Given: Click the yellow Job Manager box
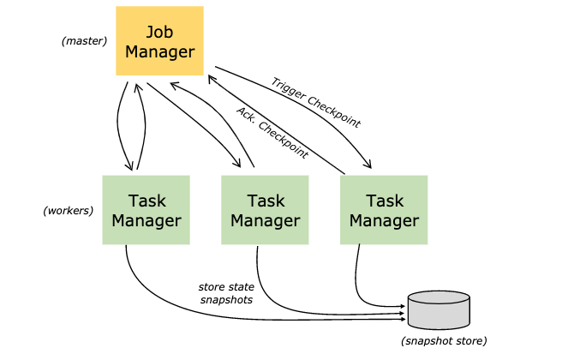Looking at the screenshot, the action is pos(159,41).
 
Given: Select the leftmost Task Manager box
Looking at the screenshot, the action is pos(146,210).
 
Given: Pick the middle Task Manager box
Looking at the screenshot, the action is pos(265,210).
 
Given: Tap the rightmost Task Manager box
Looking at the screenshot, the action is pos(384,210).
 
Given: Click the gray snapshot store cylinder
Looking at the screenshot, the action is pos(439,310).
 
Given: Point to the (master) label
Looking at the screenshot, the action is pos(84,41).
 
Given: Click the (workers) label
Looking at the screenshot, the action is pos(68,211).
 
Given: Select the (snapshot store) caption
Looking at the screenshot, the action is pos(444,341).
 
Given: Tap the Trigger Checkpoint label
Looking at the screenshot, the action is pos(316,103).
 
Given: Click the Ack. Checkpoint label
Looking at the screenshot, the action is pos(272,132).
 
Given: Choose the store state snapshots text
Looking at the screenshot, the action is pos(226,293).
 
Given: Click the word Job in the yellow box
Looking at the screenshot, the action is pos(159,33).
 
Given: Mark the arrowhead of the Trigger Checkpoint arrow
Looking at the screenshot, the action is pos(368,164).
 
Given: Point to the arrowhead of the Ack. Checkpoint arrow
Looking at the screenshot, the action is pos(212,79).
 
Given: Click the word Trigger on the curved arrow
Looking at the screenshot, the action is pos(288,88).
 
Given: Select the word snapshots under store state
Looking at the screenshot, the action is pos(226,300).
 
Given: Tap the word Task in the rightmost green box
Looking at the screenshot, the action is pos(385,201).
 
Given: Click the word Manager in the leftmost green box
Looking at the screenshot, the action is pos(146,221).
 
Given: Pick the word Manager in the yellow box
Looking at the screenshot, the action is pos(159,52).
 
